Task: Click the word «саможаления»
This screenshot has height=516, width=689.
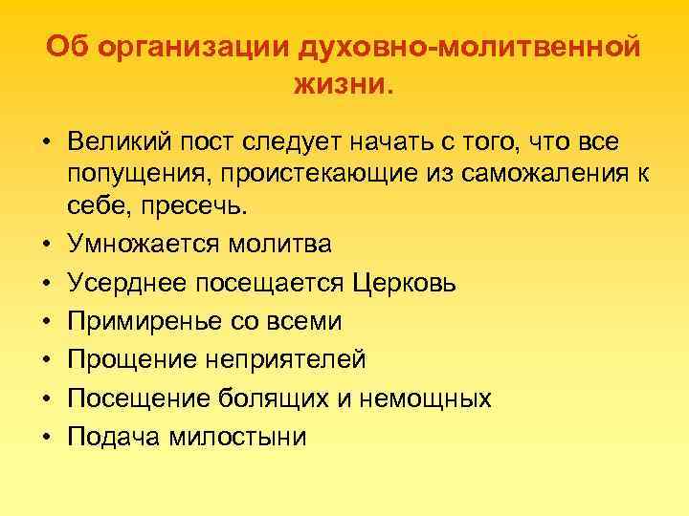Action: pos(505,173)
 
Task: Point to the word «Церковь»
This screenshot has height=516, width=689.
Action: pos(406,283)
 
